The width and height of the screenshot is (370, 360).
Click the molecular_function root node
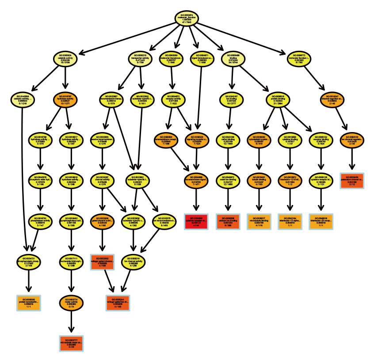(187, 19)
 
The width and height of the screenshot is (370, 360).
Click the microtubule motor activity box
(71, 343)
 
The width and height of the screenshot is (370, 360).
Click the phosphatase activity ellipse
(41, 221)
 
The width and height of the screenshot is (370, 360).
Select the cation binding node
(229, 140)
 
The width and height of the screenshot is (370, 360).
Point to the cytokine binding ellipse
(290, 140)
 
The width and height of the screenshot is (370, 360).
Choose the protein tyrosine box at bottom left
(29, 303)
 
